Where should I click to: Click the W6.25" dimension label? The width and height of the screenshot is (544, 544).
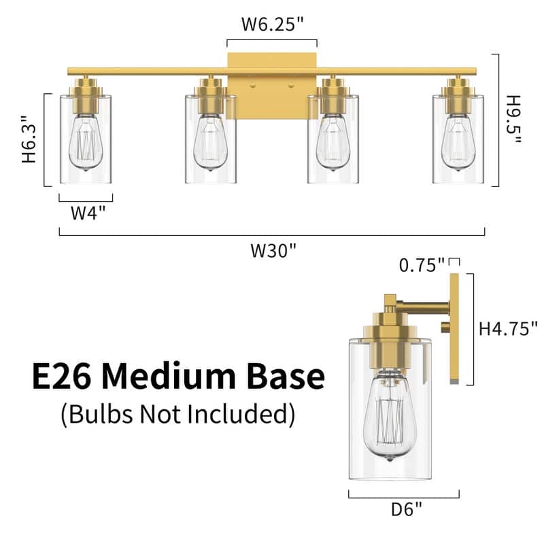[x=271, y=25]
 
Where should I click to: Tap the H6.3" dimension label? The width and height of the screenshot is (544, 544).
[x=29, y=139]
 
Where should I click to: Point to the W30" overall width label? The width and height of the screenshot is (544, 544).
[x=274, y=250]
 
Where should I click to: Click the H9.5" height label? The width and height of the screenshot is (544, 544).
[x=514, y=120]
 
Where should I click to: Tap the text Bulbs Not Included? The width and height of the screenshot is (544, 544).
[x=178, y=413]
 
